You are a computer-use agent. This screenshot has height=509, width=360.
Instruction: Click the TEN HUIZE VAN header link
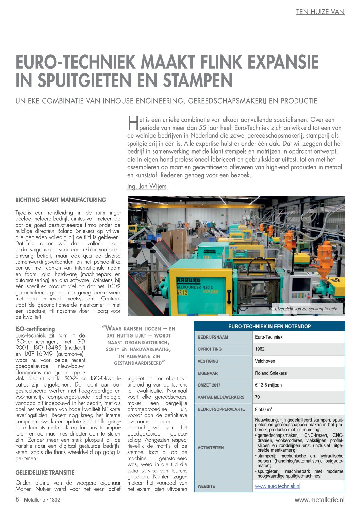tap(320, 12)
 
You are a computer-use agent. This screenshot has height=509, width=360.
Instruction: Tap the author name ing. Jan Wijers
tap(147, 186)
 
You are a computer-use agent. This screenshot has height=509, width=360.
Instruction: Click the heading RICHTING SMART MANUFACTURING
tap(61, 200)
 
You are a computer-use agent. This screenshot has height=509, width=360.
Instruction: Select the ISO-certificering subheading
tap(35, 329)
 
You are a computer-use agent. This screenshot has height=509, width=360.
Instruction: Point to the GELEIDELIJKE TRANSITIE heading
tap(45, 473)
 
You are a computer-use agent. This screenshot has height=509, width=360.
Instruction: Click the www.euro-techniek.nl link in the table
tap(277, 486)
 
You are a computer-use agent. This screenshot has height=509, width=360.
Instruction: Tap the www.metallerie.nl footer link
tap(320, 500)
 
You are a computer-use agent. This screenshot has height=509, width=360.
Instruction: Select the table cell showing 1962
tap(260, 349)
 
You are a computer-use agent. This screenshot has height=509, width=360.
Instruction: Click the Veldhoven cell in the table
tap(265, 361)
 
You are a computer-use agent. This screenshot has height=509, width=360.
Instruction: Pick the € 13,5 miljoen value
tap(268, 385)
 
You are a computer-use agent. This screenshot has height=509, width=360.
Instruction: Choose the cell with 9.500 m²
tap(263, 409)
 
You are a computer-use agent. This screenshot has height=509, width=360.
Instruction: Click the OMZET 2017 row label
tap(209, 385)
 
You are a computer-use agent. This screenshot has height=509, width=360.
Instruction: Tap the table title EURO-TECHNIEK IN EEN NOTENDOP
tap(269, 326)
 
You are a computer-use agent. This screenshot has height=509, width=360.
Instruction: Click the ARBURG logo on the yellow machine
tap(188, 280)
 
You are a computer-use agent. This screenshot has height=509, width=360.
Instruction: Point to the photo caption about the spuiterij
tap(307, 309)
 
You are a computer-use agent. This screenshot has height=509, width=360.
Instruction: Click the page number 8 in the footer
tap(17, 499)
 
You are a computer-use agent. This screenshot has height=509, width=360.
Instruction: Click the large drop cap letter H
tap(133, 123)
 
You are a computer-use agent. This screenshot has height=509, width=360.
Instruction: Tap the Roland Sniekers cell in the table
tap(271, 373)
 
